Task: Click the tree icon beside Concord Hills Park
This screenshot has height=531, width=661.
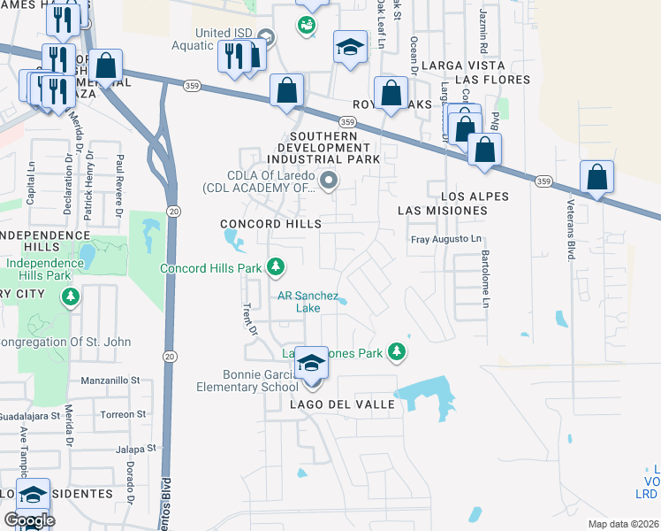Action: tap(276, 266)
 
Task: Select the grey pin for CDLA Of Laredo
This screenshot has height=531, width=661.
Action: tap(330, 181)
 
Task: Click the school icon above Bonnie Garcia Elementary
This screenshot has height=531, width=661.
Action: tap(311, 365)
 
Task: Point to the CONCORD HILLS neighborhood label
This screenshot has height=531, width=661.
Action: tap(270, 225)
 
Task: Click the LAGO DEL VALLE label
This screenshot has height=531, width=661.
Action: tap(335, 404)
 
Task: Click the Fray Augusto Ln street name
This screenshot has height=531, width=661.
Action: tap(447, 240)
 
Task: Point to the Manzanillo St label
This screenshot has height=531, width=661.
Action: tap(110, 380)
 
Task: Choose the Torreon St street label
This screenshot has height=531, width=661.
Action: tap(123, 414)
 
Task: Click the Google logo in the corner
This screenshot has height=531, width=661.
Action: tap(29, 519)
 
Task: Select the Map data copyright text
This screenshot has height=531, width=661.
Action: tap(623, 524)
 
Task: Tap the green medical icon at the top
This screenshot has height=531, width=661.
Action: tap(307, 24)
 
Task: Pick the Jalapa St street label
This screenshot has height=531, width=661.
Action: tap(137, 449)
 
